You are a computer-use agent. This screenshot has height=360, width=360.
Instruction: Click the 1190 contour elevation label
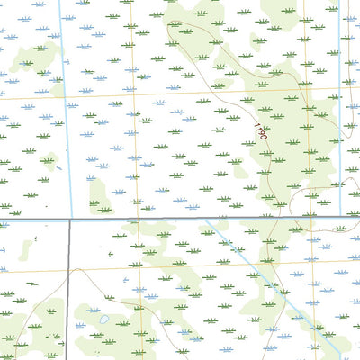tap(260, 132)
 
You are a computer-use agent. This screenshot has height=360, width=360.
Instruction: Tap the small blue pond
tap(105, 319)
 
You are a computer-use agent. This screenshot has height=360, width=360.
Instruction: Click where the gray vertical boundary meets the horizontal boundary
tap(69, 220)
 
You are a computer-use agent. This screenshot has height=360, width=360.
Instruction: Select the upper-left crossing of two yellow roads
tap(134, 94)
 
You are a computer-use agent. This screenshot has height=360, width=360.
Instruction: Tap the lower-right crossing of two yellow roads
tap(305, 264)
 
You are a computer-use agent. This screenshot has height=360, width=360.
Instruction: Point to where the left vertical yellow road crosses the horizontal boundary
tap(136, 220)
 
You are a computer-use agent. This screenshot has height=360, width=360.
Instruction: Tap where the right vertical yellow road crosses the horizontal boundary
tap(305, 220)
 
